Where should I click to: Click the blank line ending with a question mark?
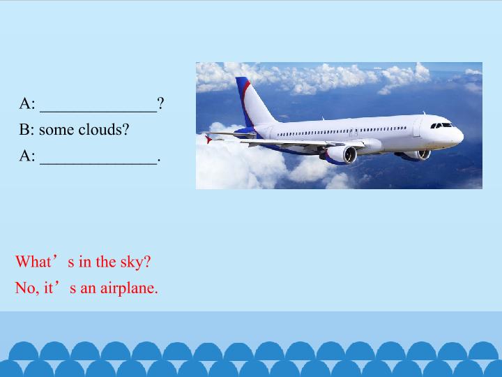[98, 105]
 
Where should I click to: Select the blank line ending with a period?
[98, 157]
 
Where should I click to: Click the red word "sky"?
[135, 262]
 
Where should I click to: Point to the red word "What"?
[33, 262]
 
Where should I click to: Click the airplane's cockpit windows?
[441, 126]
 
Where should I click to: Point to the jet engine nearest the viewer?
[341, 154]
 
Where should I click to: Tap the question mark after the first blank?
[160, 104]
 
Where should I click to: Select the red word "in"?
[85, 262]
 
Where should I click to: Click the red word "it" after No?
[49, 288]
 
